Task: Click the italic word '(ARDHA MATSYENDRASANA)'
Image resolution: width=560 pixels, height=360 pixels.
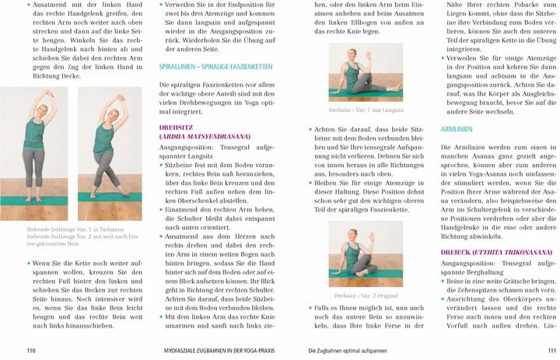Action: [x=205, y=135]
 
